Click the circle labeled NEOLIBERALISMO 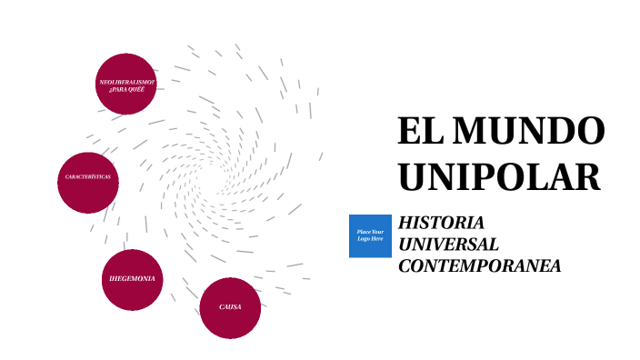point(126,83)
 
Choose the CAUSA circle point(230,307)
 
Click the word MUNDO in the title point(528,131)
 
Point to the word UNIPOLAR point(499,175)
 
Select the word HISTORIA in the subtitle point(441,223)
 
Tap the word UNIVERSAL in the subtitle point(448,245)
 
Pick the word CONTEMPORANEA point(479,266)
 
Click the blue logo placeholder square point(370,235)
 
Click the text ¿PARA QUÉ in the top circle point(126,89)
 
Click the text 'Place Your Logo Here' point(370,235)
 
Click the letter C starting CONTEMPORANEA point(405,266)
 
